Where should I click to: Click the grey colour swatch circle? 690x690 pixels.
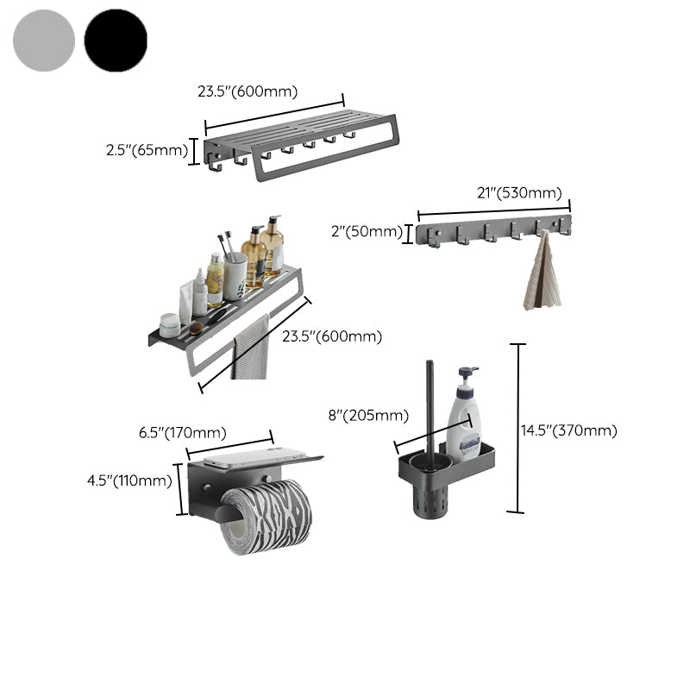[44, 41]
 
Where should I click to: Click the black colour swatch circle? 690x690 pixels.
[116, 41]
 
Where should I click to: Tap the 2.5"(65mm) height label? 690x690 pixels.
[146, 150]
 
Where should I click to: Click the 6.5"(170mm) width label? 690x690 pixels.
[183, 433]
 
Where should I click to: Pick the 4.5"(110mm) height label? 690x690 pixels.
[129, 480]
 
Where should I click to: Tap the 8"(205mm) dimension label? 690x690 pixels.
[367, 416]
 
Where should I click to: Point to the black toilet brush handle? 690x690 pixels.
[430, 405]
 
